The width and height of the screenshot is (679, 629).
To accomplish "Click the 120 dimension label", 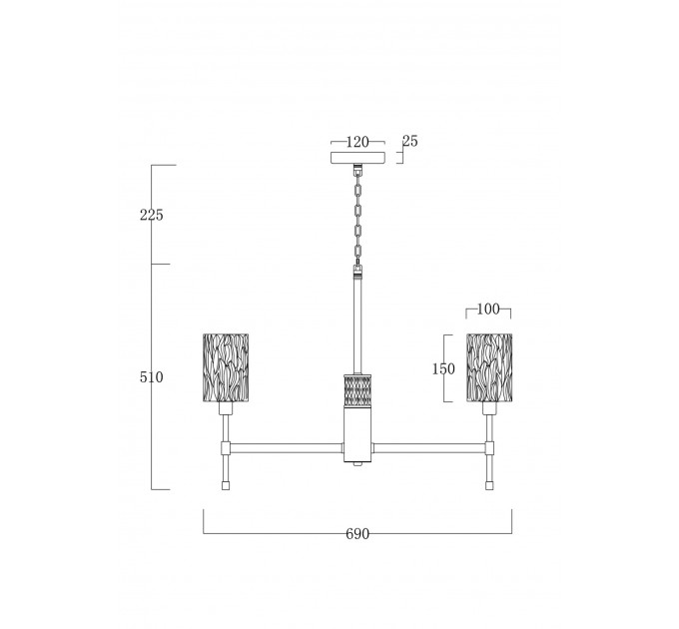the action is pyautogui.click(x=357, y=142).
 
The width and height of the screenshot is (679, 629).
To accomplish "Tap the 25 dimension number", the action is pyautogui.click(x=410, y=141).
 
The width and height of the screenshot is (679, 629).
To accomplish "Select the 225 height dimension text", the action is pyautogui.click(x=152, y=215).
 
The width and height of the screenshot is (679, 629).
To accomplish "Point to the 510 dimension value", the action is pyautogui.click(x=152, y=377).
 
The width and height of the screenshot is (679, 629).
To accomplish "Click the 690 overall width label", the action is pyautogui.click(x=357, y=534).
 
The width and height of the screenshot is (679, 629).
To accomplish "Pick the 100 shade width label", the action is pyautogui.click(x=488, y=310).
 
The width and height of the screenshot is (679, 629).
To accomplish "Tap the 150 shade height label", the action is pyautogui.click(x=444, y=368).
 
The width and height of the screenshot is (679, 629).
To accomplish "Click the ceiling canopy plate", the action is pyautogui.click(x=357, y=158).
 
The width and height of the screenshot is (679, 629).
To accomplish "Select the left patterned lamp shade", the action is pyautogui.click(x=226, y=367).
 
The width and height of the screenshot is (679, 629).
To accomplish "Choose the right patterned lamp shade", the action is pyautogui.click(x=489, y=367).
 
